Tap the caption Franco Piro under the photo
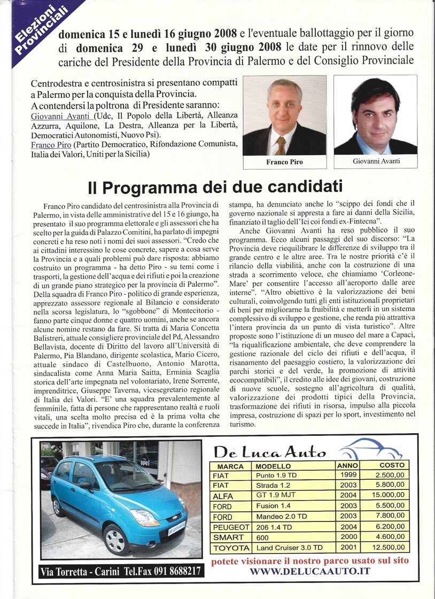284,162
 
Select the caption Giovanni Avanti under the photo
376,161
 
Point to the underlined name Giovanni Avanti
62,116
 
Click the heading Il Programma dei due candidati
215,188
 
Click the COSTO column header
392,465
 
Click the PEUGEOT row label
231,527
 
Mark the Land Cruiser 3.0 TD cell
289,548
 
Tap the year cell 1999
347,475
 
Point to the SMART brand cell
228,537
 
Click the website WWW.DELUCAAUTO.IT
310,571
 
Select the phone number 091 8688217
172,571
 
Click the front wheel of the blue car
117,539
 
